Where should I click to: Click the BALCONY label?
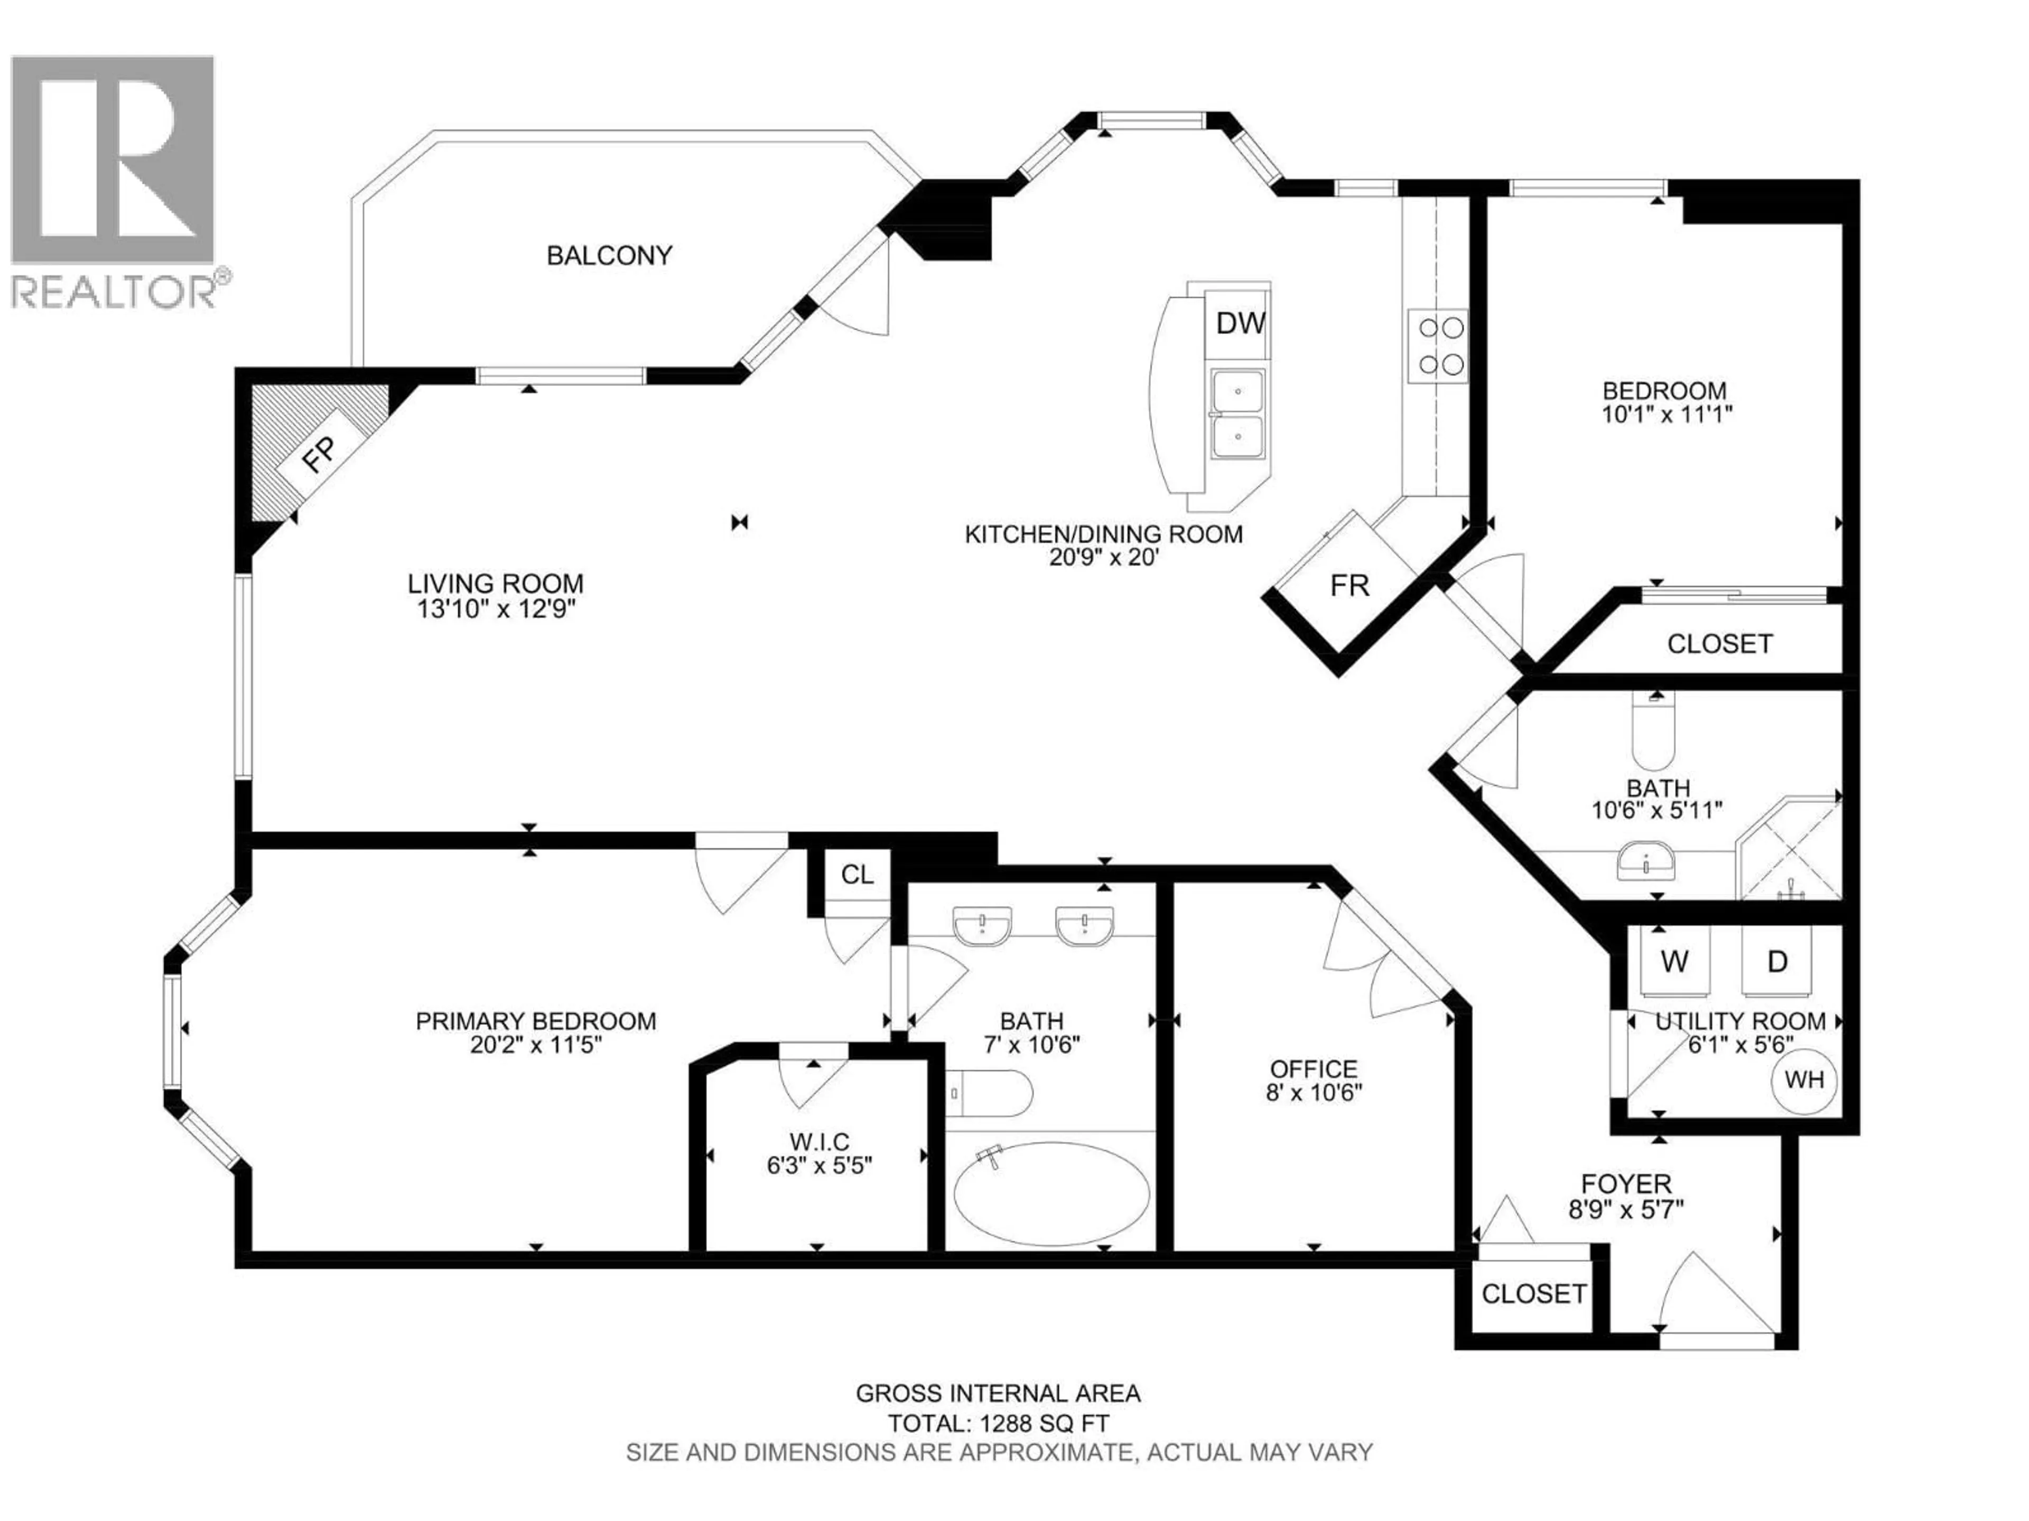point(609,255)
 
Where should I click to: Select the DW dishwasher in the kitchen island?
point(1240,323)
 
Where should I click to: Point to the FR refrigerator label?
point(1349,586)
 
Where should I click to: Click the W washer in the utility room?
point(1675,962)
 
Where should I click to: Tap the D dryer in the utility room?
point(1777,962)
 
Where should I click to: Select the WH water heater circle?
point(1803,1080)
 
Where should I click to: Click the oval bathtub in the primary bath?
point(1051,1194)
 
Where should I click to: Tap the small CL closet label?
point(857,875)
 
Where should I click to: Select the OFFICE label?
point(1314,1069)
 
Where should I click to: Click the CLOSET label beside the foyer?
point(1534,1293)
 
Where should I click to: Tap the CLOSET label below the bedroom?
point(1719,644)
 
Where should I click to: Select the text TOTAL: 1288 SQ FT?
point(998,1424)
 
